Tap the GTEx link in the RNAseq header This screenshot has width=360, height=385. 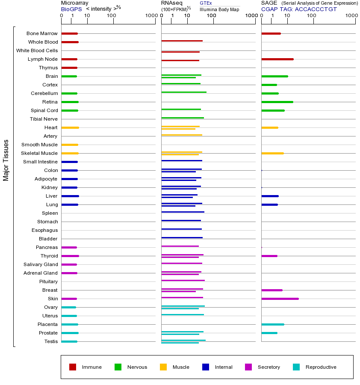[206, 3]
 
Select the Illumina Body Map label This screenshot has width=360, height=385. [219, 9]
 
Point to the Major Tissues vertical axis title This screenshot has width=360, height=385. [6, 160]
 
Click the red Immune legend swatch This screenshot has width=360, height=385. [73, 367]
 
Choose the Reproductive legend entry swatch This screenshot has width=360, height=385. [296, 367]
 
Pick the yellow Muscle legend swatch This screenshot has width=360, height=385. [163, 367]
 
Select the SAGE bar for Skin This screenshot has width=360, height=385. [280, 299]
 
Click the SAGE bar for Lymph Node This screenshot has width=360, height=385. [277, 59]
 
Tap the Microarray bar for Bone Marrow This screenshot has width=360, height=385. [69, 33]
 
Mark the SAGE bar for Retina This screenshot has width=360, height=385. [277, 102]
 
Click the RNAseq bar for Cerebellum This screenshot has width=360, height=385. [184, 92]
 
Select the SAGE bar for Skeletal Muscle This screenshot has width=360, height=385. [272, 153]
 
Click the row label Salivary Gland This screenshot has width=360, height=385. [41, 264]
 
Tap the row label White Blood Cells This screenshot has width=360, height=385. [37, 50]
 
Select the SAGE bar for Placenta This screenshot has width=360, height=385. [272, 324]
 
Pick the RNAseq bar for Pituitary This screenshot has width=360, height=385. [183, 280]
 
